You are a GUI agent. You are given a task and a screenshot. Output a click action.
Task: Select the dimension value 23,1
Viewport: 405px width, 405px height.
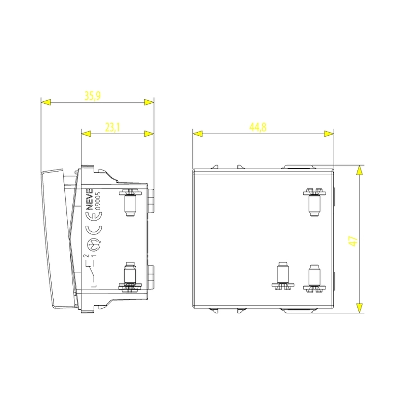pyautogui.click(x=112, y=128)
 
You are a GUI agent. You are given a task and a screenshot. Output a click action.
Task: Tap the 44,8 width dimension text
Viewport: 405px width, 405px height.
pyautogui.click(x=258, y=128)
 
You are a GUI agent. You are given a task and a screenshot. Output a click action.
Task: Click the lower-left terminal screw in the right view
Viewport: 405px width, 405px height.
pyautogui.click(x=282, y=276)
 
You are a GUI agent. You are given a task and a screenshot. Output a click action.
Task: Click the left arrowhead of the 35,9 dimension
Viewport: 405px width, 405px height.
pyautogui.click(x=46, y=102)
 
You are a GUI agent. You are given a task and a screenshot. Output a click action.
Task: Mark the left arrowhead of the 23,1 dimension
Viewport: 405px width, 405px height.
pyautogui.click(x=87, y=134)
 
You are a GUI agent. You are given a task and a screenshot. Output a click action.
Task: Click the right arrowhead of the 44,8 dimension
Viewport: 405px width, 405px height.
pyautogui.click(x=329, y=134)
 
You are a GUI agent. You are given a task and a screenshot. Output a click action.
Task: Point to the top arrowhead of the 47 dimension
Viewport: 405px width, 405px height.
pyautogui.click(x=359, y=170)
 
